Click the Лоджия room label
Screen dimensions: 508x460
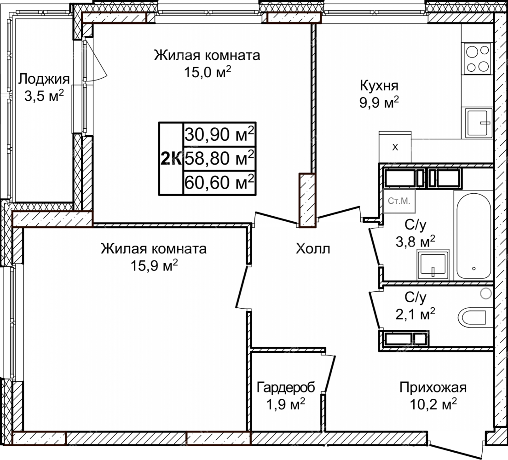tap(44, 80)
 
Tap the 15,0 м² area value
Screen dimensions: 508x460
tap(208, 72)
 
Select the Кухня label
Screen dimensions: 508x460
tap(379, 86)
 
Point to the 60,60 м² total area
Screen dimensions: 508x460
tap(219, 182)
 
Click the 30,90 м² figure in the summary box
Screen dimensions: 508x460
tap(219, 134)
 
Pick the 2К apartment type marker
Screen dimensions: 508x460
tap(171, 159)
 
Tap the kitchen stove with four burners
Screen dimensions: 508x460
tap(477, 58)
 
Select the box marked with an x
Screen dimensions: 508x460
tap(395, 147)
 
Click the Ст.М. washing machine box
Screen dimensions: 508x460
tap(399, 201)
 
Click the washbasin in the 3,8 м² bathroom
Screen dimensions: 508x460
tap(433, 264)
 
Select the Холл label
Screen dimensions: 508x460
tap(313, 249)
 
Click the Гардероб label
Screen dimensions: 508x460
tap(286, 387)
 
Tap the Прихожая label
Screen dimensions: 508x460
tap(433, 387)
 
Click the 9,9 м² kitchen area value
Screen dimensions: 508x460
tap(379, 103)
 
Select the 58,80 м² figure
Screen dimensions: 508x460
tap(219, 158)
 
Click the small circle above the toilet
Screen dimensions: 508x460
tap(485, 293)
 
